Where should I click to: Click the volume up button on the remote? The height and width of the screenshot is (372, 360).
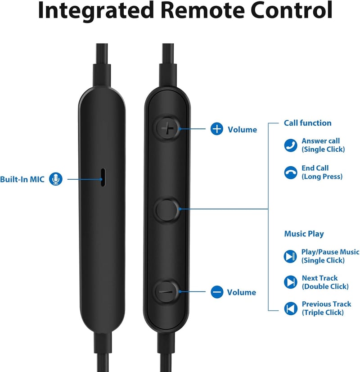(x=167, y=128)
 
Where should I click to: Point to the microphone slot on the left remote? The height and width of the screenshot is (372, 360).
(x=103, y=177)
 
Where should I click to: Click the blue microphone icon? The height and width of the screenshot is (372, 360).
(x=56, y=179)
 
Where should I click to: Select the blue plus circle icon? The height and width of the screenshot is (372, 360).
(x=216, y=129)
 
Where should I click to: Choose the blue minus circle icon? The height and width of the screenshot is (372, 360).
(x=217, y=292)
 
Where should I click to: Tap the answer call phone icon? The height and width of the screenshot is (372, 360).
(x=291, y=145)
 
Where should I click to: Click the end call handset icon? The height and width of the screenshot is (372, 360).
(x=291, y=172)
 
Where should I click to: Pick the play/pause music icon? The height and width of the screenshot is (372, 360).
(x=290, y=256)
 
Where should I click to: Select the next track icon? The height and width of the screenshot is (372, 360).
(x=290, y=282)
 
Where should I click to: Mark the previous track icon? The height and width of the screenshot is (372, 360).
(x=291, y=308)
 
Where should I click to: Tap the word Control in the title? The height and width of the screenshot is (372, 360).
(x=292, y=10)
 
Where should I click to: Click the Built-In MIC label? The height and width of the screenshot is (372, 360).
(x=22, y=179)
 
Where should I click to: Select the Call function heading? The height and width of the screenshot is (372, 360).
(x=308, y=123)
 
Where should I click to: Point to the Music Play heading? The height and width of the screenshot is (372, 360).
(x=304, y=234)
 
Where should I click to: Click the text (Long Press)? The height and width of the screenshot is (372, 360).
(x=322, y=177)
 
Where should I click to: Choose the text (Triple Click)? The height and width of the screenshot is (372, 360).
(x=323, y=313)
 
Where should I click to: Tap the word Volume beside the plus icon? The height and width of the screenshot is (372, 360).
(x=242, y=130)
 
